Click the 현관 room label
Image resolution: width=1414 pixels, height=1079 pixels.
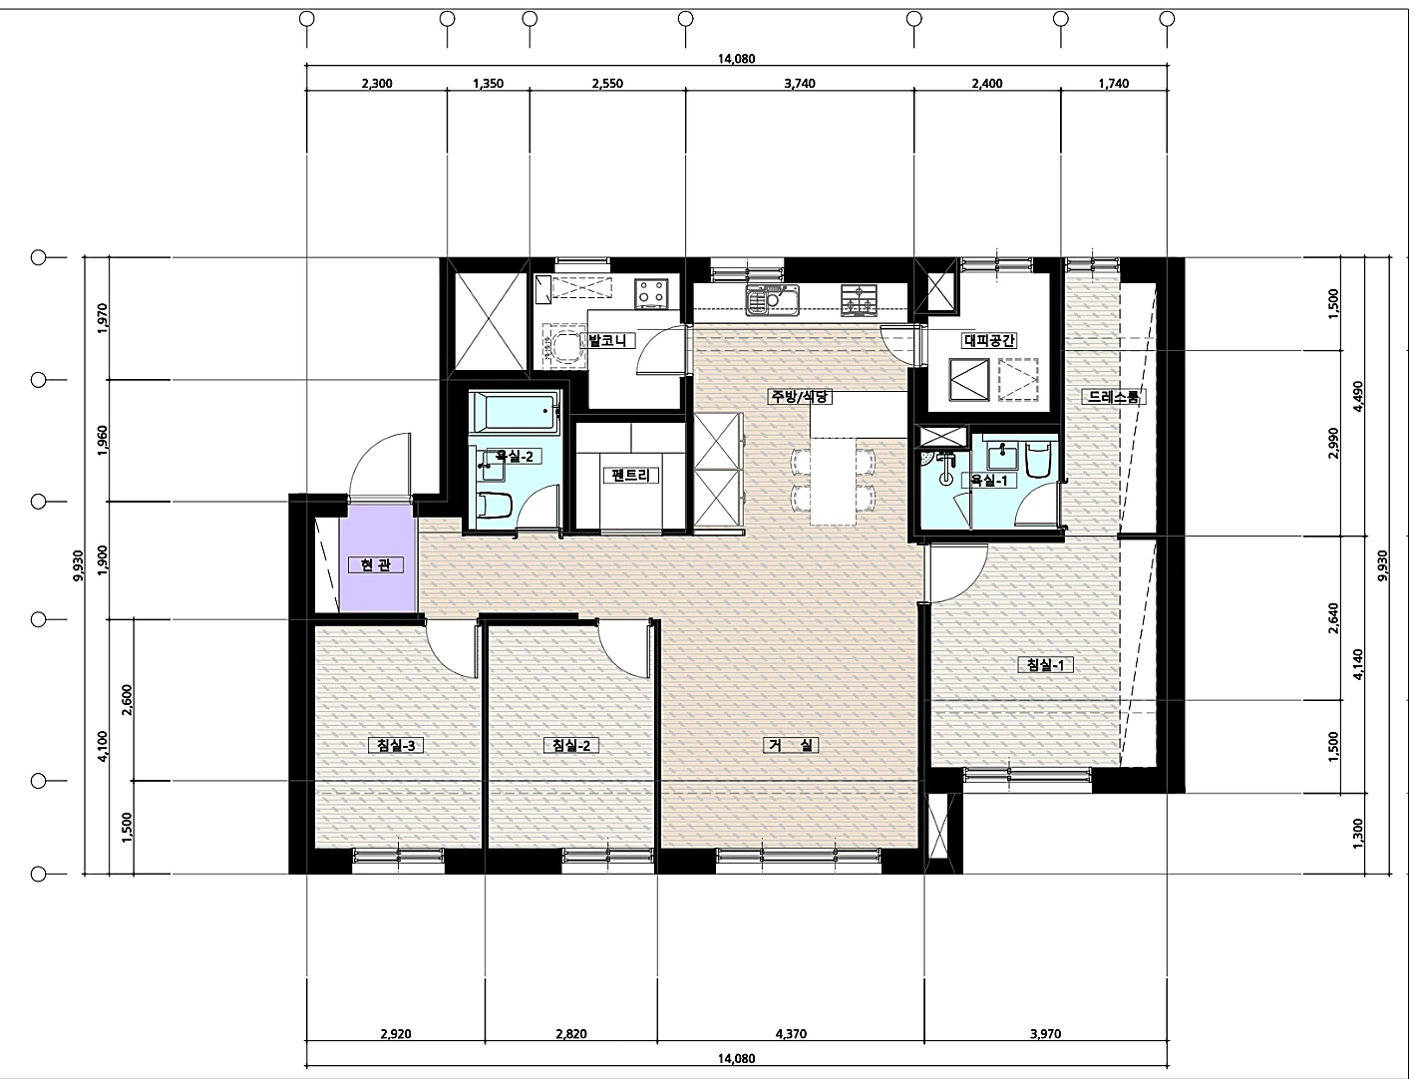(376, 565)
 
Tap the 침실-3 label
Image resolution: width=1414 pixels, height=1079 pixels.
(396, 745)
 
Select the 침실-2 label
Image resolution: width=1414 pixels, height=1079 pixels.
(571, 745)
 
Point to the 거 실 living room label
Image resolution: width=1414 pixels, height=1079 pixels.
(792, 745)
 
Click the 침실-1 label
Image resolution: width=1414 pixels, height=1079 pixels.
(1045, 664)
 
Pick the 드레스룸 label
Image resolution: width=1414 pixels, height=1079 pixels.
(1114, 397)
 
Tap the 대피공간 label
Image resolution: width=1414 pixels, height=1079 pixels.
(989, 340)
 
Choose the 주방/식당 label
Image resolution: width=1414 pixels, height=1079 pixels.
(800, 396)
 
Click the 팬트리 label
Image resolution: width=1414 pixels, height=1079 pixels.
(630, 476)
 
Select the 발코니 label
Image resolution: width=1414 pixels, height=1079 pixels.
(607, 340)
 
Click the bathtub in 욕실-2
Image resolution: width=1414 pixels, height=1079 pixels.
(515, 413)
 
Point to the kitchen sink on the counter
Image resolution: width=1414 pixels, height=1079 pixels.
(773, 300)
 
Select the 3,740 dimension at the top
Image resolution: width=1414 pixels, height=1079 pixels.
(800, 83)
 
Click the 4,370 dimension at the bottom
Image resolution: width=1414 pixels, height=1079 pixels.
(791, 1034)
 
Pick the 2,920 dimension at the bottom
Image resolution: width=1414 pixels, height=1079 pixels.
(396, 1034)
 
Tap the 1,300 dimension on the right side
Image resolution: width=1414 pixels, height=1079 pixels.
(1357, 833)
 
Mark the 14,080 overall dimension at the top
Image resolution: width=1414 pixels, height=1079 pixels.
(736, 59)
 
